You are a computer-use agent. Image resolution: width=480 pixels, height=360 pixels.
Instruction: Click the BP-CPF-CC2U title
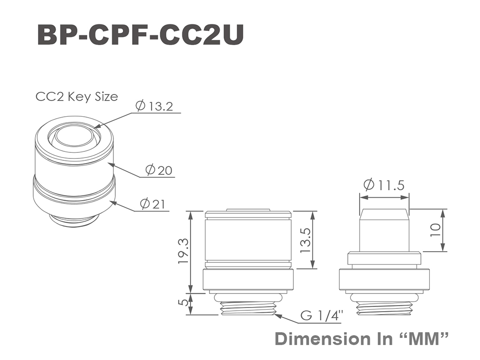(141, 35)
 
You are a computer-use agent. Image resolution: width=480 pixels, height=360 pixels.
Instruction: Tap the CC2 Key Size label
(77, 97)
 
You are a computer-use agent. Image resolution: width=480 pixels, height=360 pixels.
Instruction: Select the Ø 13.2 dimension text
(154, 106)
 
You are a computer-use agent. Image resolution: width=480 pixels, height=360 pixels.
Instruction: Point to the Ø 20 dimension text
(158, 170)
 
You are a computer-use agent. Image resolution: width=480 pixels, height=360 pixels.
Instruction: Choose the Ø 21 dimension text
(152, 204)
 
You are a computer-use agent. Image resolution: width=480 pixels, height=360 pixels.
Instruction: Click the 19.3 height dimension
(183, 252)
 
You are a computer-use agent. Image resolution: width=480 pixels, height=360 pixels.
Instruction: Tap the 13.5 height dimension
(306, 240)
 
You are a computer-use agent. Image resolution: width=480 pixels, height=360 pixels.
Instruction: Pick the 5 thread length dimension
(183, 302)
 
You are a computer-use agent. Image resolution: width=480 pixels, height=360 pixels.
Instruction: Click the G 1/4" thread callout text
(322, 315)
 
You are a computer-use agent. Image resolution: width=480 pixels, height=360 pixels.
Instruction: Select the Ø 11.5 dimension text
(384, 185)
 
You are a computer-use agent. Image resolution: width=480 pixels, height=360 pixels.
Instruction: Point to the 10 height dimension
(435, 230)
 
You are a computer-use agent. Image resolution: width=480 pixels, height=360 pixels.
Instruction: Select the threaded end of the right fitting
(384, 308)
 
